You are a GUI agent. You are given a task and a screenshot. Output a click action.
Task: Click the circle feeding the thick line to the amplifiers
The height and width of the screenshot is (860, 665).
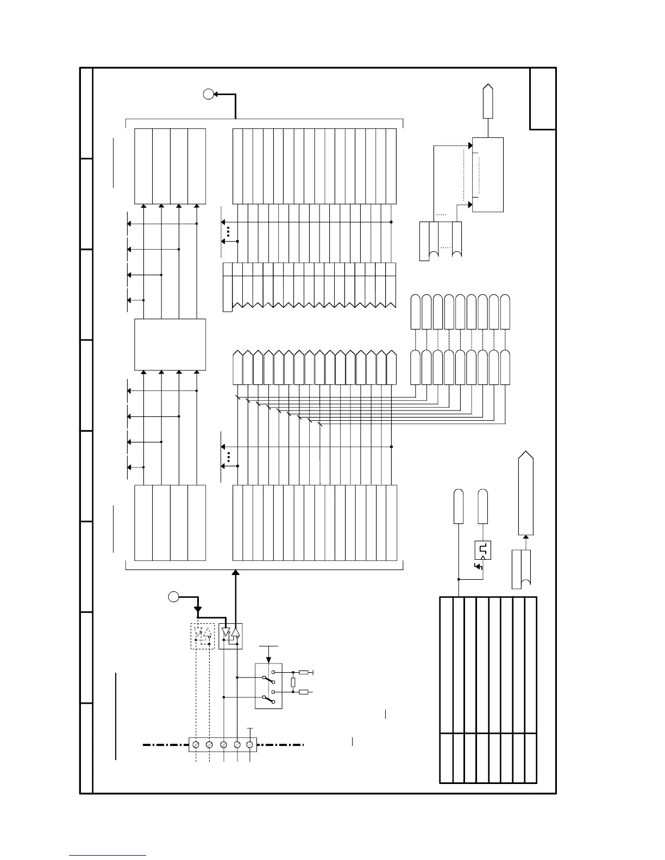click(x=173, y=597)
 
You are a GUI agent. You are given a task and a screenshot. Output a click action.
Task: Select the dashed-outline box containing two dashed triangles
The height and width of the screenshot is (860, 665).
click(x=203, y=636)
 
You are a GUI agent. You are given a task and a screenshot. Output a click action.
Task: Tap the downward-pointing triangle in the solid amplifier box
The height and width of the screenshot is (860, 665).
click(x=226, y=632)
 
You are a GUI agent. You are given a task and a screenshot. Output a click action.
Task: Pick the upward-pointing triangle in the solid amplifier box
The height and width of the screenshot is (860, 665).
click(x=235, y=632)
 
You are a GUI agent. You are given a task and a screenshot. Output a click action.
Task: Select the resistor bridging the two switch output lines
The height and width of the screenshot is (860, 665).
click(x=293, y=682)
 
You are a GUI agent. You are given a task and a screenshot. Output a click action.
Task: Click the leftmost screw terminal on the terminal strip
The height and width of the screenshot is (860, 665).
click(x=196, y=744)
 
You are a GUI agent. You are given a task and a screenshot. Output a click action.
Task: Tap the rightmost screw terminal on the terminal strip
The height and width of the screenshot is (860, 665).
click(x=250, y=744)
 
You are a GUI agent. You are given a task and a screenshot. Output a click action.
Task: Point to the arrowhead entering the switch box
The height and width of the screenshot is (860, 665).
click(x=268, y=659)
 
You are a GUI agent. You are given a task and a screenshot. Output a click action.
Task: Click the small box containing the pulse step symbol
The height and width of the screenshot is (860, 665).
click(x=482, y=551)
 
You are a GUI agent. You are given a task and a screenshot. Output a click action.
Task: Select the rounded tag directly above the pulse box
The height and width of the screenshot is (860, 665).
click(x=482, y=506)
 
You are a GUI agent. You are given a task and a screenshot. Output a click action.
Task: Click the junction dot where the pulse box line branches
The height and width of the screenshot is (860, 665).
click(x=459, y=579)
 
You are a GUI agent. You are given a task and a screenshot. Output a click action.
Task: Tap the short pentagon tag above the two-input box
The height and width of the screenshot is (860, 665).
click(x=488, y=101)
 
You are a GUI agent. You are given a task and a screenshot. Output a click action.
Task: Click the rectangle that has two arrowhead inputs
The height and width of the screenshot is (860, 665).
click(x=488, y=174)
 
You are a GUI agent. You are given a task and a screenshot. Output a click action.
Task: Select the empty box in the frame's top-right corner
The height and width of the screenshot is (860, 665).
click(x=543, y=99)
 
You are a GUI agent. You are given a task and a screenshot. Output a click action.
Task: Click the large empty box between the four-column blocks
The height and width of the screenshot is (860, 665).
click(x=170, y=344)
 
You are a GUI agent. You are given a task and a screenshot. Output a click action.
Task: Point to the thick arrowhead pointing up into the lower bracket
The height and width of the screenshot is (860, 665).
click(x=236, y=573)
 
